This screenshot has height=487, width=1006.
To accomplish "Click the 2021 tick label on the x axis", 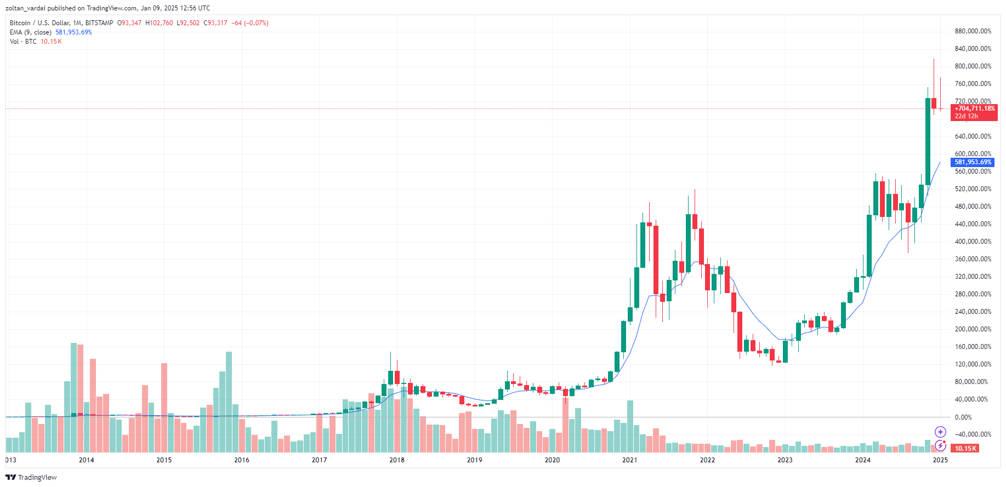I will click(629, 460).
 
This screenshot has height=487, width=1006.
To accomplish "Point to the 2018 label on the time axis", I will click(396, 460).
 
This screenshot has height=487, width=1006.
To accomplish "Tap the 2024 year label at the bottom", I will click(862, 460).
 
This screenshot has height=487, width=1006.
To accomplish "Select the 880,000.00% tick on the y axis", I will click(973, 31).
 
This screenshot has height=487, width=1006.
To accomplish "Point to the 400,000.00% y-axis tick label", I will click(973, 242).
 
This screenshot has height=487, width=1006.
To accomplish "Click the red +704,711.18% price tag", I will click(974, 112).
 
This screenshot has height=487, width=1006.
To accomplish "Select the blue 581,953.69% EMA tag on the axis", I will click(973, 162).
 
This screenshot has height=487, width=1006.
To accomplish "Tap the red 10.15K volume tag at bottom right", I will click(965, 449).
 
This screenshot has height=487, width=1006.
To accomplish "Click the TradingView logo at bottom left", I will click(31, 477).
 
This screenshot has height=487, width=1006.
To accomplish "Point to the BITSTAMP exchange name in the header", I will click(99, 23).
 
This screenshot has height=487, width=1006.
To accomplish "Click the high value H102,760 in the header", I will click(159, 23).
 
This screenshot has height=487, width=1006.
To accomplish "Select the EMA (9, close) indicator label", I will click(31, 32).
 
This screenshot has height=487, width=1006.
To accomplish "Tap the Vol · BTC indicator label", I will click(23, 42).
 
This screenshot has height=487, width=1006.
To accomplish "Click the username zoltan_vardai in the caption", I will click(25, 8).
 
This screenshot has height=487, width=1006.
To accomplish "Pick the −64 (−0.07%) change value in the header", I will click(249, 23).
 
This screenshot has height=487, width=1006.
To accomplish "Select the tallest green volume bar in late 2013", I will click(73, 397).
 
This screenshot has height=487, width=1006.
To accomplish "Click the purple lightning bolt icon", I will click(940, 445).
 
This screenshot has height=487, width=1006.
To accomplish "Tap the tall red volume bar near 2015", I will click(164, 407).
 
